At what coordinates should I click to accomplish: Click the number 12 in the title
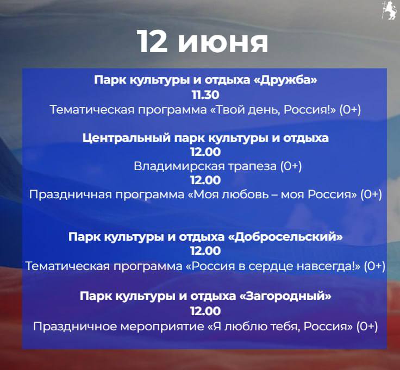(152, 41)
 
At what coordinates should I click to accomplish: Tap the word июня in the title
(223, 42)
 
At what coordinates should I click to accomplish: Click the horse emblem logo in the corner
(389, 11)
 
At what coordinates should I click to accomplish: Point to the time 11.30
(205, 95)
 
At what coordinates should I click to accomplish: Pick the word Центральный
(127, 138)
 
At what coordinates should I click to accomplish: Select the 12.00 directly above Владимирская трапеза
(205, 152)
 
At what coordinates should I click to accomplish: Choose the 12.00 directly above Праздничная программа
(205, 180)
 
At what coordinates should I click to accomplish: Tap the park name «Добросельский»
(285, 237)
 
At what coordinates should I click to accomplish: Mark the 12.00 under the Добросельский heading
(205, 251)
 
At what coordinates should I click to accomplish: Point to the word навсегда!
(326, 266)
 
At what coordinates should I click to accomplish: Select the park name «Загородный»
(286, 296)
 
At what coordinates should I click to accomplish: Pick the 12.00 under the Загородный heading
(205, 311)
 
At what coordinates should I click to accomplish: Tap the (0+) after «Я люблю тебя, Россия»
(367, 327)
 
